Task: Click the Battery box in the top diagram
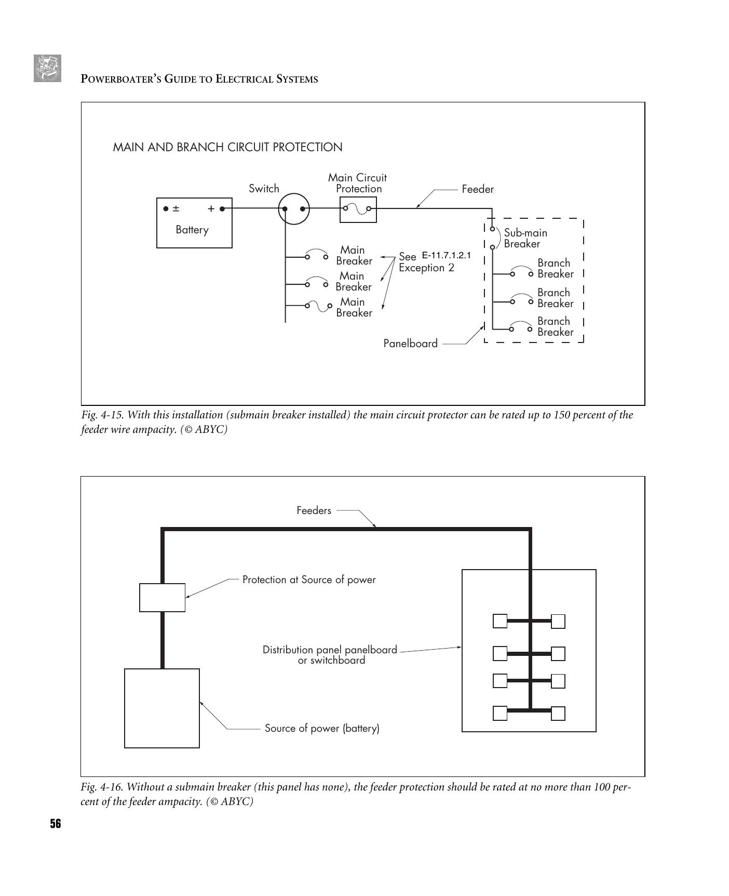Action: [x=194, y=223]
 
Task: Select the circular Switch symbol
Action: [x=294, y=209]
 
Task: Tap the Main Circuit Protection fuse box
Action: [x=358, y=209]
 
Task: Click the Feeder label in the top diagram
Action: [x=478, y=189]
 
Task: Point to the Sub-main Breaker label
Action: [x=525, y=238]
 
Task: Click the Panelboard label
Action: [x=410, y=344]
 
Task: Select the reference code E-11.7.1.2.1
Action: [x=446, y=256]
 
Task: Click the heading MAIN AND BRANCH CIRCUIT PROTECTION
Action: [x=227, y=147]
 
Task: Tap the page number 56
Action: [x=55, y=824]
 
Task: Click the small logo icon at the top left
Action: [x=47, y=68]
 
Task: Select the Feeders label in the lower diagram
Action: [x=314, y=510]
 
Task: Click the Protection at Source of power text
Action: [x=309, y=579]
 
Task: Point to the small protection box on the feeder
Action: [x=162, y=598]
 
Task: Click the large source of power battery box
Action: [x=162, y=708]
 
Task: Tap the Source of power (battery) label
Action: [x=322, y=728]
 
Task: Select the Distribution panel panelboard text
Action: [x=330, y=650]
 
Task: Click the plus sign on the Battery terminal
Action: [x=211, y=209]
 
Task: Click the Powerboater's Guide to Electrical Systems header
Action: [x=199, y=79]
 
